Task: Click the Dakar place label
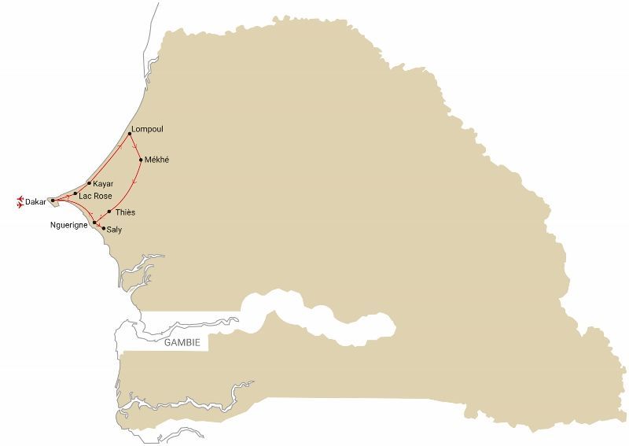(35, 202)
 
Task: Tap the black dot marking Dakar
(52, 201)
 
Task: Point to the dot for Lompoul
(129, 134)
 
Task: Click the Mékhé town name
(157, 160)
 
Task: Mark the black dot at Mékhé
(141, 160)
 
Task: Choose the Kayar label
(103, 184)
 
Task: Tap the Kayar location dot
(89, 183)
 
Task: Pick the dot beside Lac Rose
(75, 194)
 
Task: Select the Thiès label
(125, 212)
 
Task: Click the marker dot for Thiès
(109, 212)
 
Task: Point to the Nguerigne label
(70, 226)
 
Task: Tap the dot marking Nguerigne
(95, 223)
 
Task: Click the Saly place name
(114, 230)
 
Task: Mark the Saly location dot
(104, 229)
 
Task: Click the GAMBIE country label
(182, 343)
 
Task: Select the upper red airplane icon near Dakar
(19, 200)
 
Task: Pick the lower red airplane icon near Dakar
(19, 206)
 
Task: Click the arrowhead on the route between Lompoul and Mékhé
(136, 147)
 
